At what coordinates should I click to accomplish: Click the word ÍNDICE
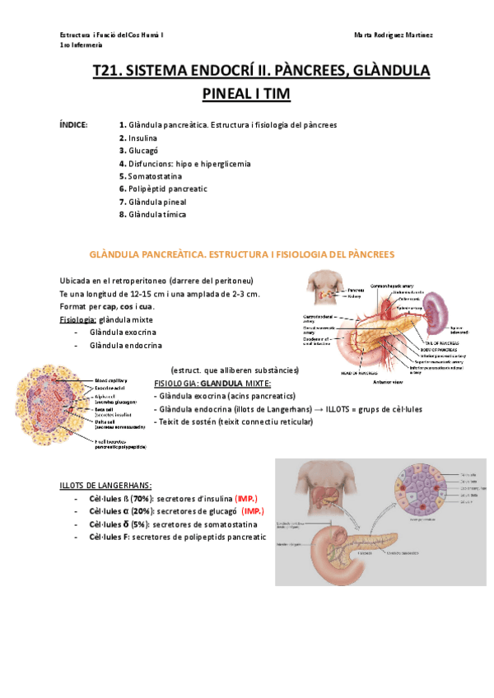pyautogui.click(x=74, y=125)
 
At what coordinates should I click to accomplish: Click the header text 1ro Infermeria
pyautogui.click(x=82, y=46)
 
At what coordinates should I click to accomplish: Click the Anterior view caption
pyautogui.click(x=386, y=383)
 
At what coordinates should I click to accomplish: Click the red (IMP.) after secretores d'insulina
pyautogui.click(x=246, y=500)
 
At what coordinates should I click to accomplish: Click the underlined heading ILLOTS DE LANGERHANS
pyautogui.click(x=105, y=485)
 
